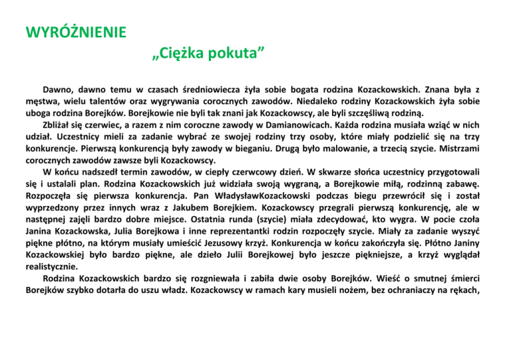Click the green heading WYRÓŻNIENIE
[x=72, y=31]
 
